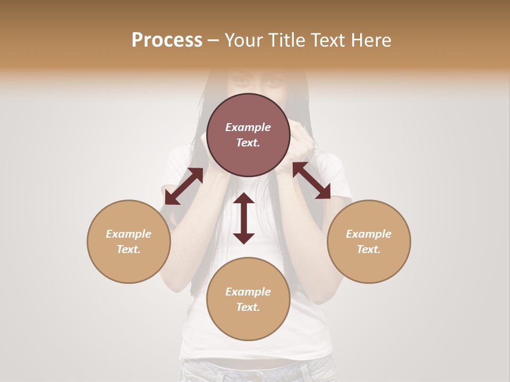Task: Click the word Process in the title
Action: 167,40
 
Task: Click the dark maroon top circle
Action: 248,135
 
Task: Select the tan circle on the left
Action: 129,241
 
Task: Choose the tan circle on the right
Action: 369,241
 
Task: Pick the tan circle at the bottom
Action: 248,299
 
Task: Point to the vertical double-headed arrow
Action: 244,218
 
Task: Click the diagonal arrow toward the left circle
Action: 184,186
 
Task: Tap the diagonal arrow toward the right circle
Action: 311,181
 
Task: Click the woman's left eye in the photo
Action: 274,81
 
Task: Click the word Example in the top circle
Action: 248,127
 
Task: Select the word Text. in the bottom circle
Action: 248,307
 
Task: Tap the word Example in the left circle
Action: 129,234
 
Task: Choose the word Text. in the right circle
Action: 369,249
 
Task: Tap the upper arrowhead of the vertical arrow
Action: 244,198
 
